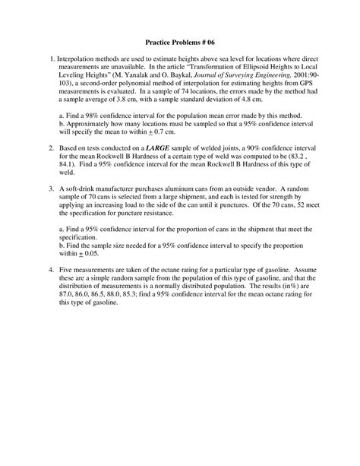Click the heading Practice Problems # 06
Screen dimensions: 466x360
180,43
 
